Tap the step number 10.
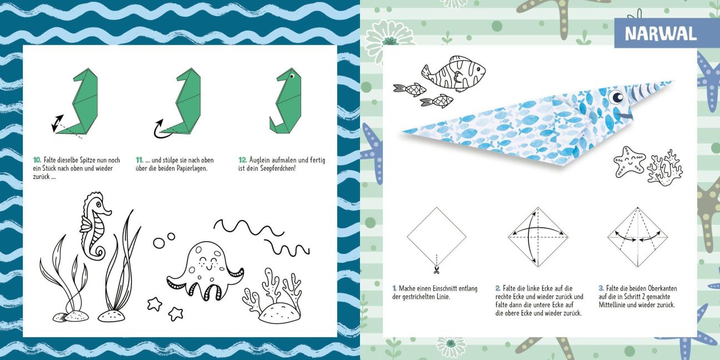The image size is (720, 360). [37, 160]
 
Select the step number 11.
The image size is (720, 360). [139, 160]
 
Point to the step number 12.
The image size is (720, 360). [242, 160]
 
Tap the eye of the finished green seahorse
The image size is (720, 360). [292, 76]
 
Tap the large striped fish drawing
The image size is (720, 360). [453, 73]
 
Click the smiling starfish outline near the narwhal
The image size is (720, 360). [629, 162]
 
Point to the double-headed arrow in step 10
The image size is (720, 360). [58, 123]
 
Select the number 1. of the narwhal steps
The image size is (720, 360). [394, 288]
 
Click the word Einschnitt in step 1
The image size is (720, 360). [445, 288]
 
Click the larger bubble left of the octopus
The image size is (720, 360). [159, 243]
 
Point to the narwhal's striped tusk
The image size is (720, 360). [649, 90]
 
